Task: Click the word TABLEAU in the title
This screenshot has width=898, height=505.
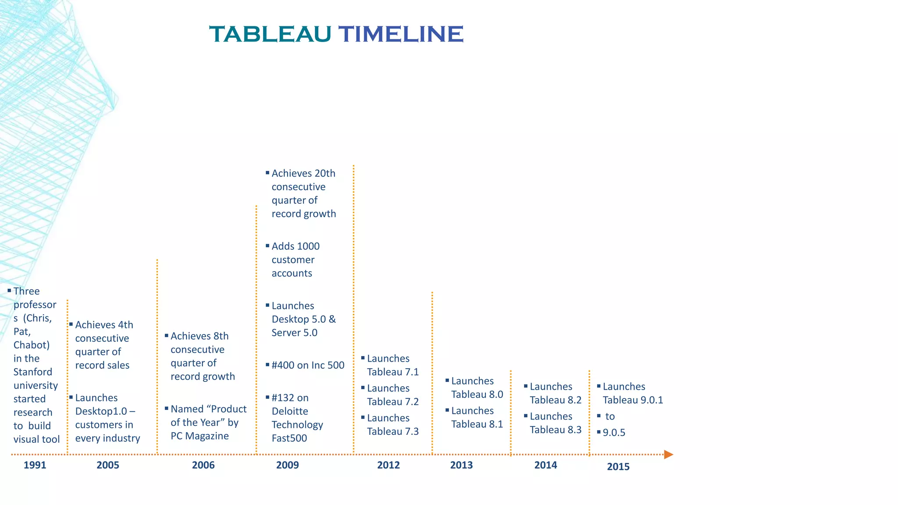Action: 270,34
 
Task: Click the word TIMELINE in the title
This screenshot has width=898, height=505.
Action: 401,34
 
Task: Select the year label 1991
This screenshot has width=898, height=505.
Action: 35,465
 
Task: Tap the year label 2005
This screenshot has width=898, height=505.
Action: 108,465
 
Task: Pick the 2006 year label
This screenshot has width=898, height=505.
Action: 203,465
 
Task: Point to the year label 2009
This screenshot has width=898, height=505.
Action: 287,465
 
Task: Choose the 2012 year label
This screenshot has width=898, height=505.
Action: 388,465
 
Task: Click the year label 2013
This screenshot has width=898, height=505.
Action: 461,465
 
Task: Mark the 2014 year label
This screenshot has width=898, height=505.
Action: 545,465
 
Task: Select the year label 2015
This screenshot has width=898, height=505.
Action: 618,467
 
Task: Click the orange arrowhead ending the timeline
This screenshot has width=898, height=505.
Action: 668,455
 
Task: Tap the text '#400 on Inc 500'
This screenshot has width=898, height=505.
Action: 308,365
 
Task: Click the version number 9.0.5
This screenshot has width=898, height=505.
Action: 614,433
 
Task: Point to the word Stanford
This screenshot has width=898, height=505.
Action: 32,372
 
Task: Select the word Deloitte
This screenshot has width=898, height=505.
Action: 290,411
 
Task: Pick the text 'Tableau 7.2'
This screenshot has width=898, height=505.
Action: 393,402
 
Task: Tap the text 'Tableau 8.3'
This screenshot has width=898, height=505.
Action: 556,430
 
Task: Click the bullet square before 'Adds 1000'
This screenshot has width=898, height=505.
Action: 267,246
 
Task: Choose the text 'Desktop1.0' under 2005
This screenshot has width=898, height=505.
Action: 101,412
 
